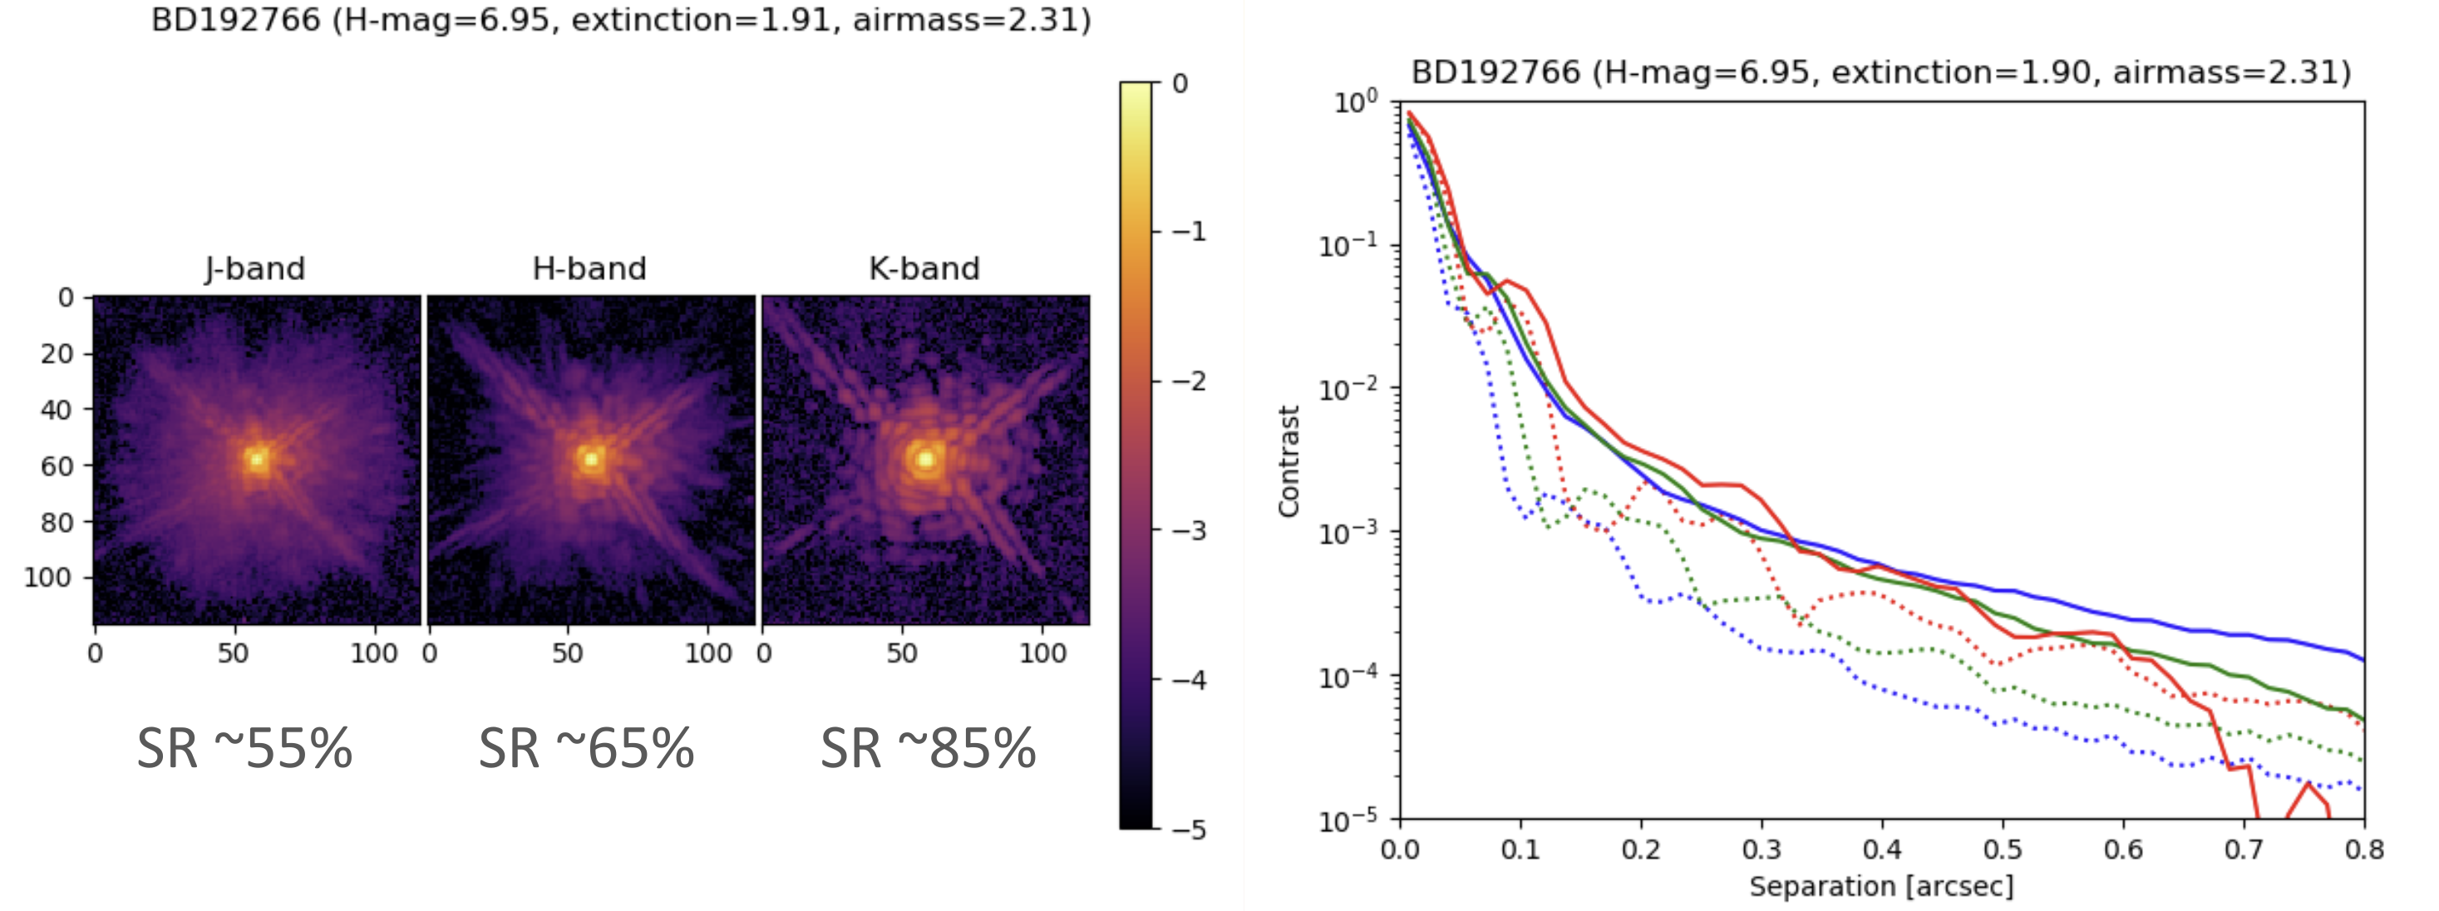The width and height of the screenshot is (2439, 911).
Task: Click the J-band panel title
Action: pyautogui.click(x=254, y=269)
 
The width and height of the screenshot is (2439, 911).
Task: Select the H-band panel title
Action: pyautogui.click(x=589, y=269)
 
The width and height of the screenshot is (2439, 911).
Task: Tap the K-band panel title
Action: pyautogui.click(x=924, y=269)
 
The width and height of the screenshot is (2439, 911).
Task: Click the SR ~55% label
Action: pyautogui.click(x=244, y=748)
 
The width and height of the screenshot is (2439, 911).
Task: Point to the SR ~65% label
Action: pyautogui.click(x=586, y=748)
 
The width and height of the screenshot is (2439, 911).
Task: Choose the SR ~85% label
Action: pyautogui.click(x=928, y=748)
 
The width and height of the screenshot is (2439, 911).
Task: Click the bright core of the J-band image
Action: pyautogui.click(x=257, y=460)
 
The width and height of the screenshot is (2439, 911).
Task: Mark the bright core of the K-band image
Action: pyautogui.click(x=925, y=460)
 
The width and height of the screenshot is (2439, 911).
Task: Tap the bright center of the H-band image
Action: pyautogui.click(x=591, y=460)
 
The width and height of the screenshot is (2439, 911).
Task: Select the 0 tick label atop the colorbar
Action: pyautogui.click(x=1180, y=83)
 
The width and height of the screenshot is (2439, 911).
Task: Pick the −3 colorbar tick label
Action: pyautogui.click(x=1188, y=531)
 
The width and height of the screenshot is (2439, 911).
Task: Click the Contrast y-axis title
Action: pyautogui.click(x=1288, y=461)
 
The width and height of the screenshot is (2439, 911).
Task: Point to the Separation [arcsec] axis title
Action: pyautogui.click(x=1881, y=886)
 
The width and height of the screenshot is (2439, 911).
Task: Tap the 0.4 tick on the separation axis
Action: pyautogui.click(x=1881, y=849)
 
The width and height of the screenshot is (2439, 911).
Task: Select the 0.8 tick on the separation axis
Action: pyautogui.click(x=2363, y=849)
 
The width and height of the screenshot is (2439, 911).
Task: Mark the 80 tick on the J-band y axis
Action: pyautogui.click(x=57, y=523)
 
